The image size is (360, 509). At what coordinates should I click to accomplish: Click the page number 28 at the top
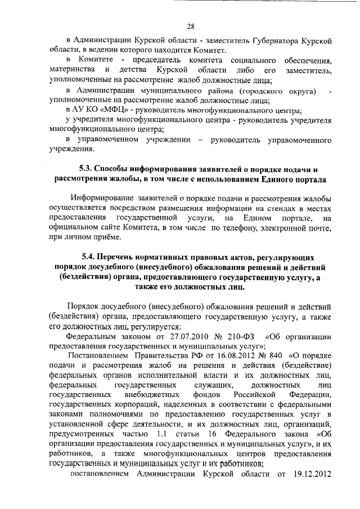pos(191,26)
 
